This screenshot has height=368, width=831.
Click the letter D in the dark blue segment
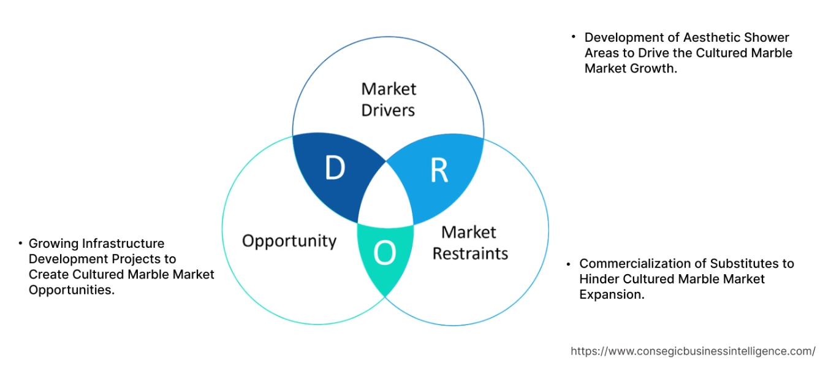(335, 169)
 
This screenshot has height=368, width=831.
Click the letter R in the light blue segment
(439, 171)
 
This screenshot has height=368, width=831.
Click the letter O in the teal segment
(385, 253)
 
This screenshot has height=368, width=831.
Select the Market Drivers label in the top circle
(389, 99)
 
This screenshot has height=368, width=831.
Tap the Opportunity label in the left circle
(289, 240)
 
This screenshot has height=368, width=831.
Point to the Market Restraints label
(470, 243)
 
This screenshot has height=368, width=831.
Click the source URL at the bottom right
(693, 351)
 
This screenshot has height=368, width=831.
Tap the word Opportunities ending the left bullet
(71, 289)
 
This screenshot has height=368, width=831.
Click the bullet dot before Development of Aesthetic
(573, 37)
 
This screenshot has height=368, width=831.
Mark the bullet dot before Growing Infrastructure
(21, 243)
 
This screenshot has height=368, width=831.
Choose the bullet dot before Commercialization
(568, 264)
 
